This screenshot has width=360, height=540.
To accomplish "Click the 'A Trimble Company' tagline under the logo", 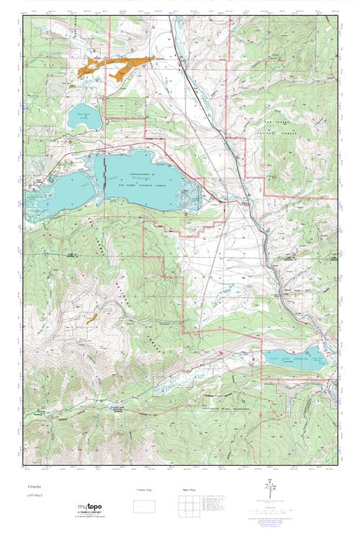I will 97,516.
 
